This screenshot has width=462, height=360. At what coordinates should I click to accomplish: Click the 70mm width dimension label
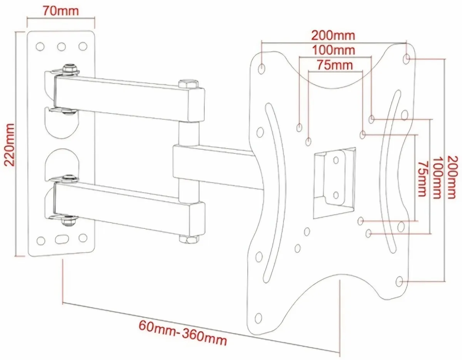click(x=60, y=10)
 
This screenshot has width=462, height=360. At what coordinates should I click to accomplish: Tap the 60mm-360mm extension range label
click(x=183, y=333)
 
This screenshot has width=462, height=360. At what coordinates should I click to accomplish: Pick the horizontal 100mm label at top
click(x=333, y=50)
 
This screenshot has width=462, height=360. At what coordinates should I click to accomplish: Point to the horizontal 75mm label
click(x=335, y=65)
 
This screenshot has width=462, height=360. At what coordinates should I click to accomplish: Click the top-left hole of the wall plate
click(x=40, y=47)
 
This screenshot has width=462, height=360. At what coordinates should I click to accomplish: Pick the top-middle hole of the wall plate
click(x=61, y=47)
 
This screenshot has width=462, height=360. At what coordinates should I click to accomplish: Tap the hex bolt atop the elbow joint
click(x=188, y=83)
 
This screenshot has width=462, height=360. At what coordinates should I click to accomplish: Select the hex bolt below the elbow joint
click(x=188, y=239)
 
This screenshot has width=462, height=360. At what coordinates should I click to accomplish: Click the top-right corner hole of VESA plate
click(x=407, y=58)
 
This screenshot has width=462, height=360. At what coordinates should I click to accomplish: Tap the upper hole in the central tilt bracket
click(x=336, y=159)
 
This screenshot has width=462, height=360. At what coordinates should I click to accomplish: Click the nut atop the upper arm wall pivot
click(x=69, y=69)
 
